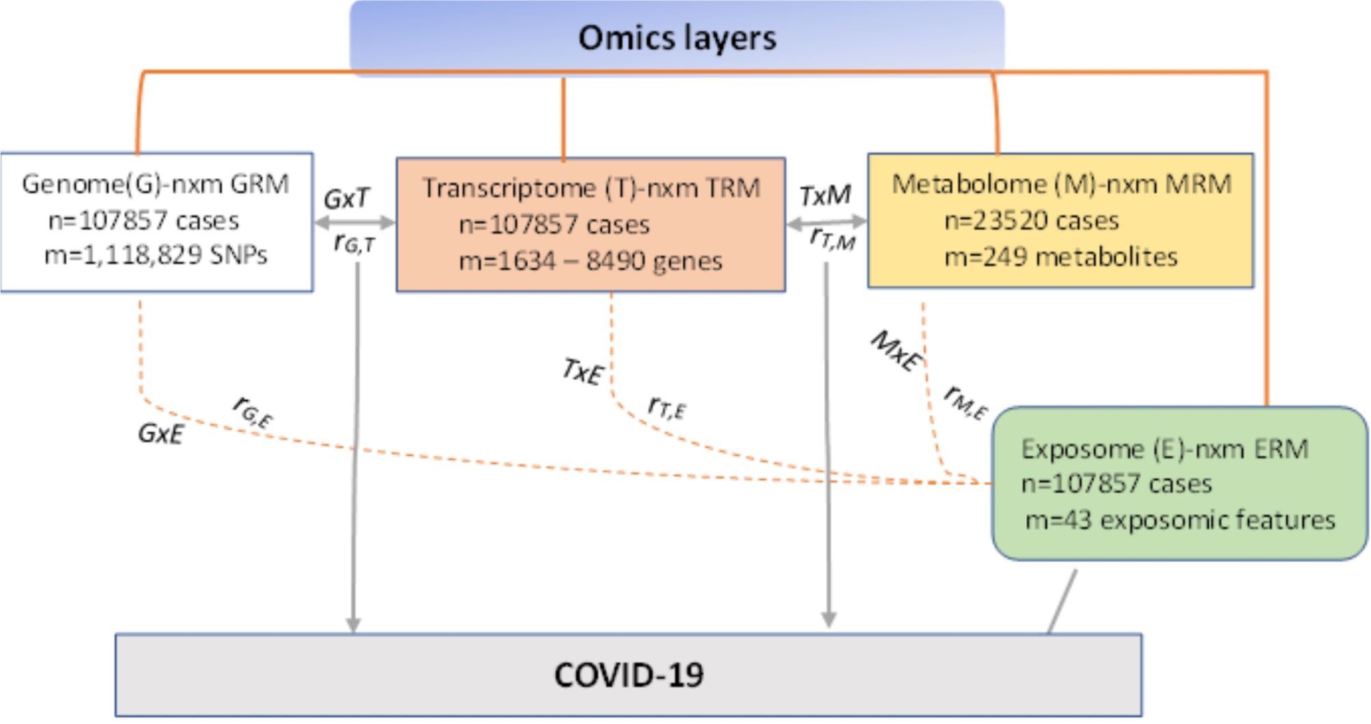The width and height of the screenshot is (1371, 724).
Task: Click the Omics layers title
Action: tap(677, 38)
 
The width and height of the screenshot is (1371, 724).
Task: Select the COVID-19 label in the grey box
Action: tap(628, 675)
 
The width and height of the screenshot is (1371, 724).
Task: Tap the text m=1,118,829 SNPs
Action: tap(156, 255)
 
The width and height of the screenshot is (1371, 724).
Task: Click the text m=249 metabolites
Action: tap(1060, 257)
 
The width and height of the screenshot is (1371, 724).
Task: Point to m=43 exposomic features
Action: tap(1179, 520)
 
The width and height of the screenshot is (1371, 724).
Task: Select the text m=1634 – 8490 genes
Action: tap(590, 261)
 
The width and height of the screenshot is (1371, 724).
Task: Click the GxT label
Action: tap(347, 199)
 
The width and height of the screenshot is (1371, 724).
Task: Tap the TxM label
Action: tap(825, 196)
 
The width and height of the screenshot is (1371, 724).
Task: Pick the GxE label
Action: tap(160, 433)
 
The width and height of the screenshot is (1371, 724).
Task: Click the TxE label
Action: tap(582, 372)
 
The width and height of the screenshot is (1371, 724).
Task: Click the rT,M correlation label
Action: tap(832, 238)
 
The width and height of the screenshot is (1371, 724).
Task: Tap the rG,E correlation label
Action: tap(253, 411)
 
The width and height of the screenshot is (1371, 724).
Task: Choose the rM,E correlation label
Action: tap(965, 403)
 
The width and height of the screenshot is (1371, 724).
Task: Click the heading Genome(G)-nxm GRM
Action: tap(156, 184)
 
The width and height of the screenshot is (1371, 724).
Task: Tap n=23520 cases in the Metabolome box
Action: tap(1031, 221)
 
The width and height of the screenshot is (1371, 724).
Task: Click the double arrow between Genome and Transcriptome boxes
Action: tap(354, 222)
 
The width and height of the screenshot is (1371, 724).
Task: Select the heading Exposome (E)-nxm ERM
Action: tap(1164, 449)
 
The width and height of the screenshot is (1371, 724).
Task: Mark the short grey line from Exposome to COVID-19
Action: tap(1062, 601)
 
